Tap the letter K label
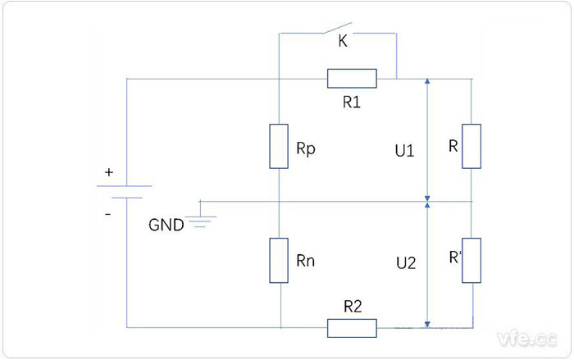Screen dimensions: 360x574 click(x=343, y=43)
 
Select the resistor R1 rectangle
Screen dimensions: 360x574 click(x=352, y=79)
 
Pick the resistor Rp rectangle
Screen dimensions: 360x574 click(x=280, y=146)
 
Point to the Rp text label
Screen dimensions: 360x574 click(x=305, y=151)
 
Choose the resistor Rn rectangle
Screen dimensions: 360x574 click(x=280, y=260)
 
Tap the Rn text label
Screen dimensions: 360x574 click(x=305, y=262)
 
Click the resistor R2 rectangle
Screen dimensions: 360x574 click(x=352, y=327)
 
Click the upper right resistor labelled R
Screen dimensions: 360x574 click(x=471, y=146)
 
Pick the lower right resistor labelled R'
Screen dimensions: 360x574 click(x=471, y=260)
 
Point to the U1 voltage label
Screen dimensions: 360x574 click(x=404, y=152)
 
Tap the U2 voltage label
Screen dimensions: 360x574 click(x=405, y=263)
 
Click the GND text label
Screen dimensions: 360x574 click(x=166, y=225)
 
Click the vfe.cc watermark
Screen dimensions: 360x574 click(x=527, y=338)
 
